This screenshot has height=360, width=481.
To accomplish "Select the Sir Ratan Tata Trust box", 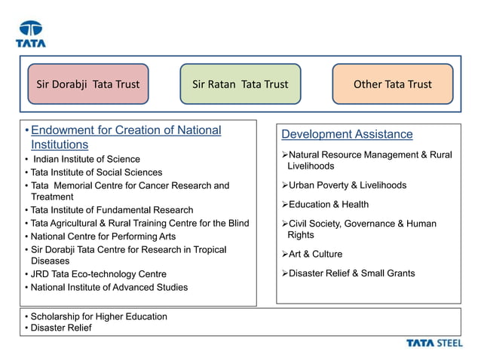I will [240, 84].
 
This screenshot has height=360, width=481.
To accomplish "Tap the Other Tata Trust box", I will [393, 84].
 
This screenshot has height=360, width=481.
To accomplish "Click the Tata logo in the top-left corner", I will [31, 34].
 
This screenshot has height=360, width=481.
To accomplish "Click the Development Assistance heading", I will [347, 134].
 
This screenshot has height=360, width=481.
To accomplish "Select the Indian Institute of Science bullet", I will [85, 159].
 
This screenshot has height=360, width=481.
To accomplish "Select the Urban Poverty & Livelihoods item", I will [348, 185].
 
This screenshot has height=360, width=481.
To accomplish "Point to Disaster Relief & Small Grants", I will [351, 273].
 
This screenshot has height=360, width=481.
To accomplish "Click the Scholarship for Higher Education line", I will [98, 316].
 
